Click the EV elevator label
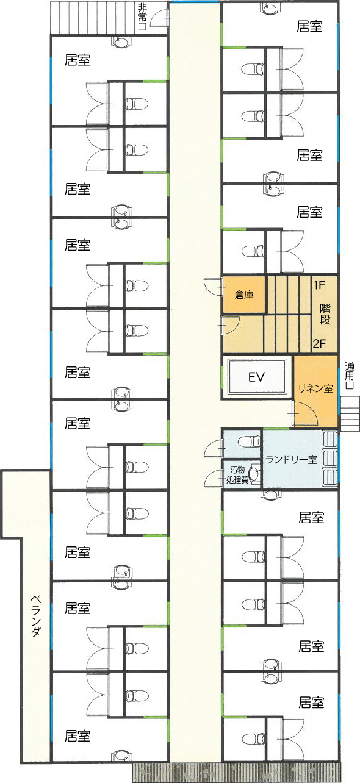click(x=256, y=377)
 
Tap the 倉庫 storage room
click(x=244, y=295)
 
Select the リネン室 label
click(x=315, y=388)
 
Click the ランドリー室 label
click(x=291, y=459)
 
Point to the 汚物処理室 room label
click(x=237, y=474)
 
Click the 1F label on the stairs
click(x=319, y=285)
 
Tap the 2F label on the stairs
click(x=319, y=343)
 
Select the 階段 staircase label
click(x=325, y=314)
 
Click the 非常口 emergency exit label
click(x=142, y=17)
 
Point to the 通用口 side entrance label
click(x=349, y=376)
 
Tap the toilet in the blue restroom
click(x=249, y=442)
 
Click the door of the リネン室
click(x=304, y=413)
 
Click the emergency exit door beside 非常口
click(x=160, y=18)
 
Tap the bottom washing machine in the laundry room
click(x=329, y=477)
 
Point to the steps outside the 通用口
click(x=350, y=413)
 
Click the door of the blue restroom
click(x=214, y=448)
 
